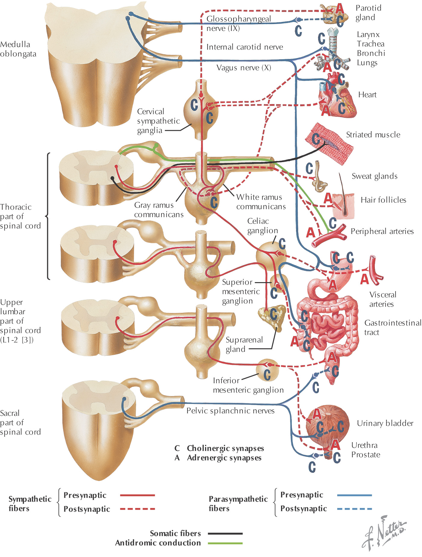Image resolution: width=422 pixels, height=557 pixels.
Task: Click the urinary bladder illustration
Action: coord(328,424)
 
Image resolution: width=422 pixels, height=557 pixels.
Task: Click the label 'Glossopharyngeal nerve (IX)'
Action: coord(239,23)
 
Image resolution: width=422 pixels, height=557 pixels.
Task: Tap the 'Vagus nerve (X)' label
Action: coord(244,68)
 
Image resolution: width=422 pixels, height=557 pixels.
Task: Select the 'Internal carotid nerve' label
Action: coord(245,47)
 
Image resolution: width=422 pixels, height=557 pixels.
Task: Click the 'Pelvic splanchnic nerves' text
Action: coord(230,411)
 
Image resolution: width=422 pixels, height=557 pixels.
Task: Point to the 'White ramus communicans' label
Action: coord(261,202)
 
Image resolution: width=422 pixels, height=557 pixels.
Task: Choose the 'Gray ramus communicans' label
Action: coord(158,210)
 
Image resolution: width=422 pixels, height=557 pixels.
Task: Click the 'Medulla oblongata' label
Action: coord(18,49)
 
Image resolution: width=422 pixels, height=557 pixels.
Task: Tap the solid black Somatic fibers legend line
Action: coord(225,534)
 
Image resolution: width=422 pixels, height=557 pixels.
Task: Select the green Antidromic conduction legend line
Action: coord(225,543)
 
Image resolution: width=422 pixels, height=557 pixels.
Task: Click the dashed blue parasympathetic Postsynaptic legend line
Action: coord(354,509)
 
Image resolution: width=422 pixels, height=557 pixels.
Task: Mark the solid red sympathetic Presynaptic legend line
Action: coord(137,495)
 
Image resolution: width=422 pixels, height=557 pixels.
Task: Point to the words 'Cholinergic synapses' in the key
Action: coord(225,448)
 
